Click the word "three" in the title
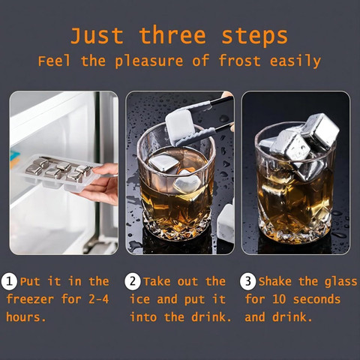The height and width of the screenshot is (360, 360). [172, 36]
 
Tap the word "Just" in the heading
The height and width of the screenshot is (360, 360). [97, 36]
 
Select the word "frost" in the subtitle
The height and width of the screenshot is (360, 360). [239, 61]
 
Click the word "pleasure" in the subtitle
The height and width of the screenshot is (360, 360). [149, 61]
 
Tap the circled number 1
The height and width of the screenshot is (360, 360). [9, 281]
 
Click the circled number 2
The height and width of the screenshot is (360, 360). [133, 281]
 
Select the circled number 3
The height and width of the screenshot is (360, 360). [247, 281]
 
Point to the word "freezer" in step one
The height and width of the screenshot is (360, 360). [30, 299]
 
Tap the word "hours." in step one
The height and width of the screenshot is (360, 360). [26, 317]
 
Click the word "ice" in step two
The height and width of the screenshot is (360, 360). [139, 299]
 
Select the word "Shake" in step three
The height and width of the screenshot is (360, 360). [275, 281]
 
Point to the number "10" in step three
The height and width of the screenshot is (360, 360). [279, 299]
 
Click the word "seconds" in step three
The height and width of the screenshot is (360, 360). [316, 299]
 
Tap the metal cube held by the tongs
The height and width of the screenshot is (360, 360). [179, 127]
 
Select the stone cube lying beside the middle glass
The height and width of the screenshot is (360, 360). [226, 223]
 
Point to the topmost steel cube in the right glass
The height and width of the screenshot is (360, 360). [321, 130]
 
